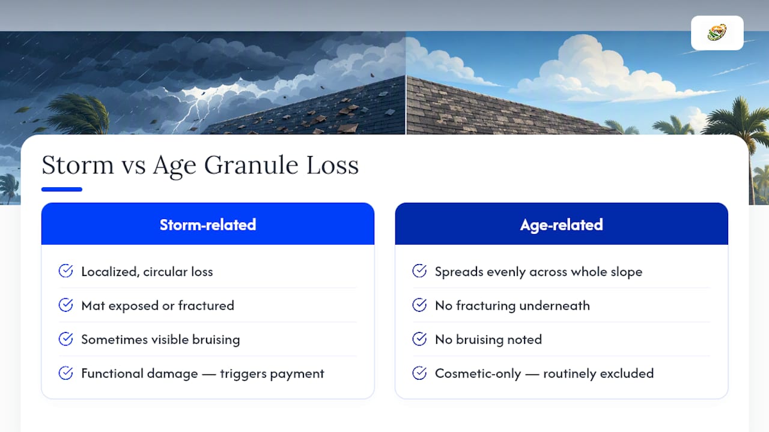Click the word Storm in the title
78,165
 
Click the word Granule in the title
251,165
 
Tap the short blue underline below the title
62,189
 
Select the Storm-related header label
208,225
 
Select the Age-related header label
562,225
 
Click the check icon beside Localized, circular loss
65,271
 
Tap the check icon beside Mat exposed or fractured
65,305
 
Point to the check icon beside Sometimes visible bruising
65,339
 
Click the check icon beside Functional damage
65,373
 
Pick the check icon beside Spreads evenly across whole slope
419,271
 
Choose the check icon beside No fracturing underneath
419,305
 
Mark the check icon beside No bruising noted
419,339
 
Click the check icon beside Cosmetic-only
419,373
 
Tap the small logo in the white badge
717,32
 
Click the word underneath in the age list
555,305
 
